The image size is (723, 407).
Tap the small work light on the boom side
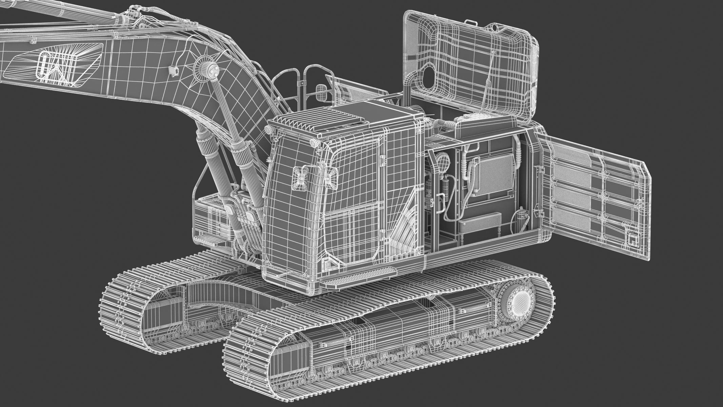click(x=175, y=71)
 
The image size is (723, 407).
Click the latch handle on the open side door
click(x=631, y=239)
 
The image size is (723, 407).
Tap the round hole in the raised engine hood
click(x=428, y=73)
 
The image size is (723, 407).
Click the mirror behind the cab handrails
click(x=322, y=93)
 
